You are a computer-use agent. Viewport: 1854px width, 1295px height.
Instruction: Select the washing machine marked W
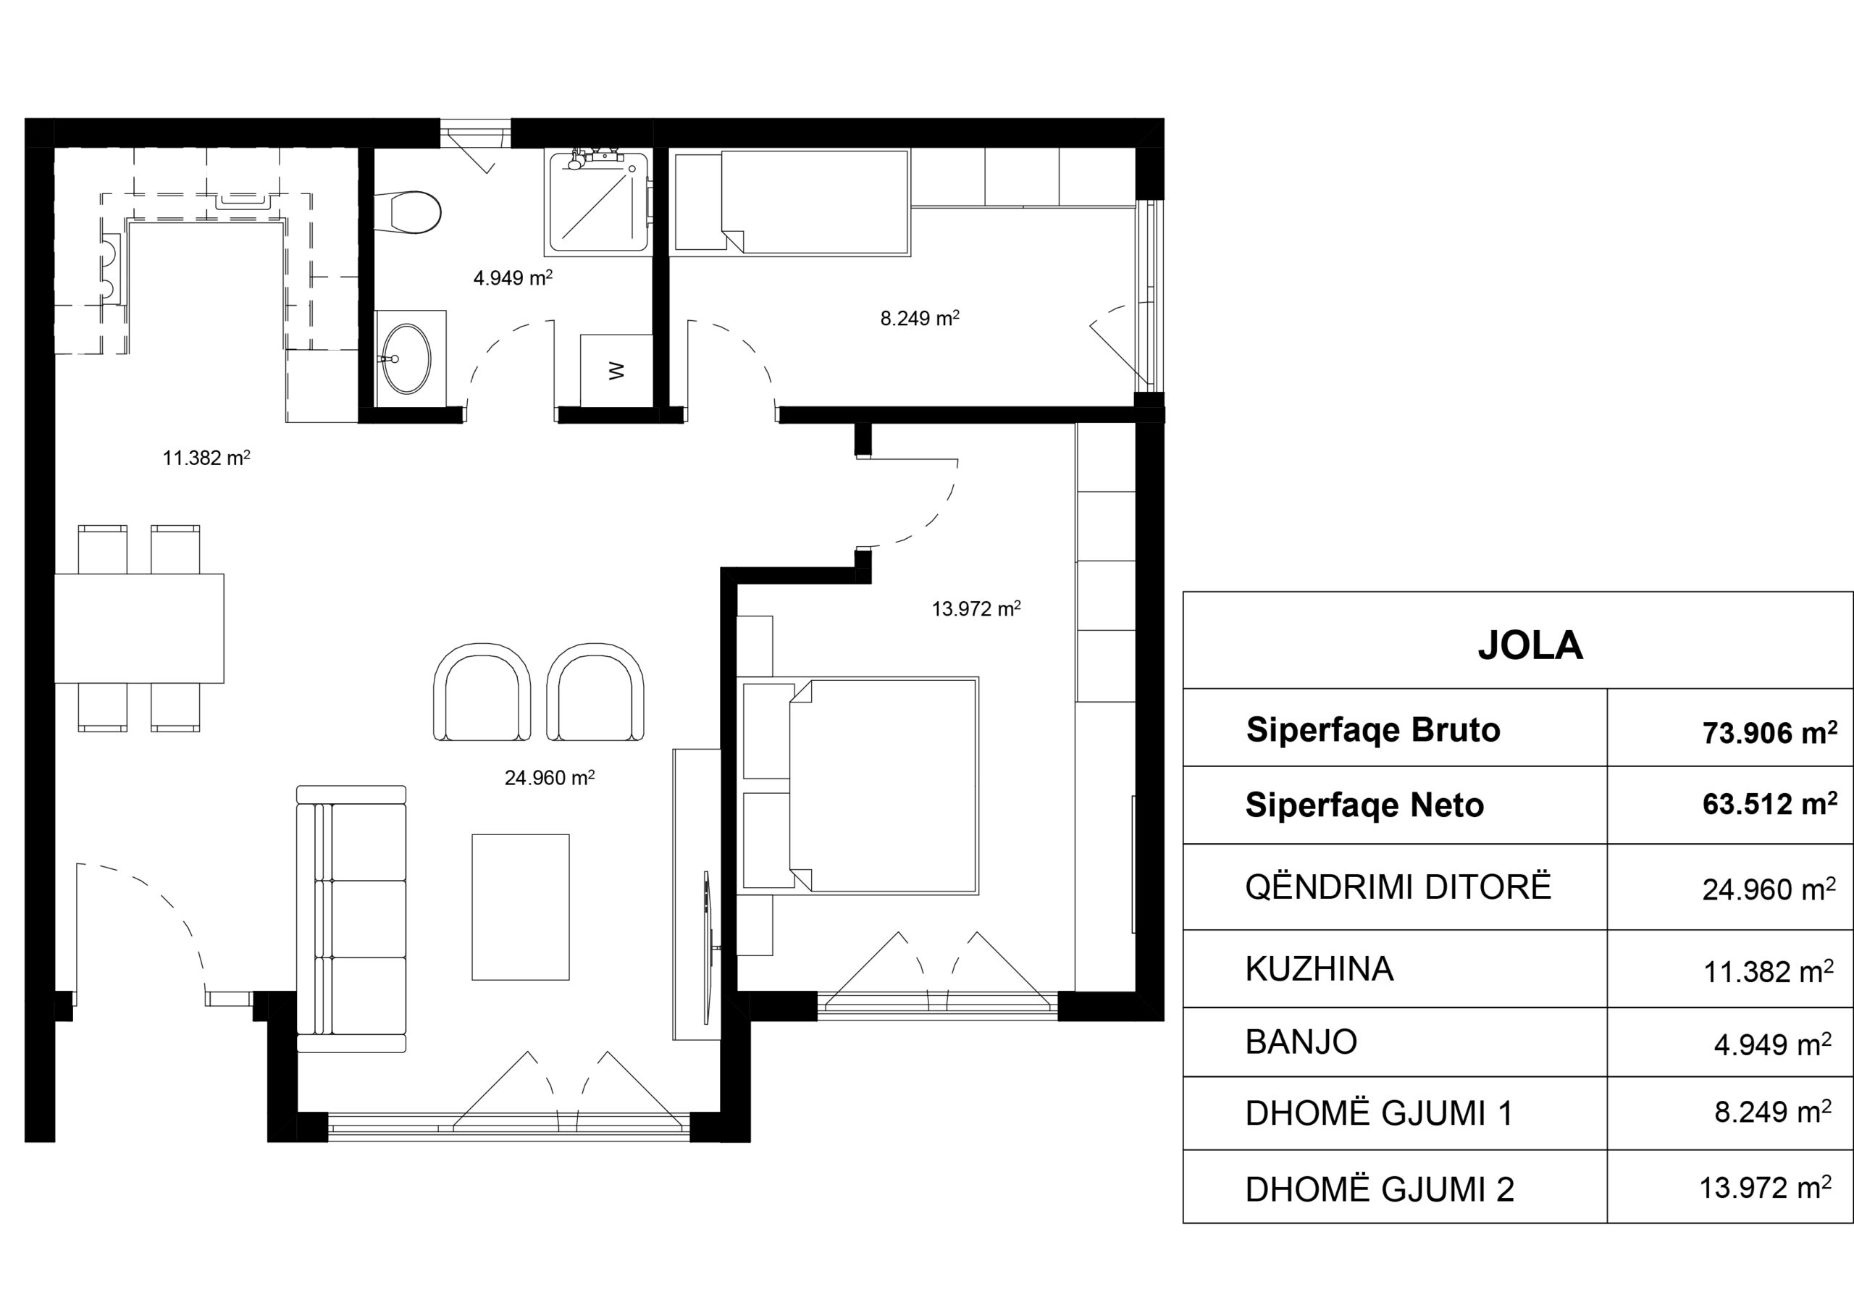pos(616,371)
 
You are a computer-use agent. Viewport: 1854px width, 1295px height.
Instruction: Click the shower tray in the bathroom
pos(599,202)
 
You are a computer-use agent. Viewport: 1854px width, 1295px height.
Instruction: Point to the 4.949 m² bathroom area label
pos(513,277)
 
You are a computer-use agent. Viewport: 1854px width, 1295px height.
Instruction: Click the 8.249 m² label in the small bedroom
pos(920,318)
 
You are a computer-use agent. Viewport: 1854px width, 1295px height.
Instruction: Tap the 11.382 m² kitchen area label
pos(206,458)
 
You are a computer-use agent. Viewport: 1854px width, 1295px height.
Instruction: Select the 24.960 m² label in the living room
pos(550,777)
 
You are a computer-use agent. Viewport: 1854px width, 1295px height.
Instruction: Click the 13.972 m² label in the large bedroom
pos(976,608)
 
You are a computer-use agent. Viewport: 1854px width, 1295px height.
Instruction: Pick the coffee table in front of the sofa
pos(521,907)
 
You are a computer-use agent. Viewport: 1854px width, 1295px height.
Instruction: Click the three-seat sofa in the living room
pos(351,919)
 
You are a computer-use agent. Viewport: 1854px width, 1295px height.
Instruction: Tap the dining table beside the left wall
pos(139,628)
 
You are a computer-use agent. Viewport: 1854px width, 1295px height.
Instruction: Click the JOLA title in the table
pos(1530,645)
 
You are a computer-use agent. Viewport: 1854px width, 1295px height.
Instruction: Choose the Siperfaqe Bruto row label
pos(1372,730)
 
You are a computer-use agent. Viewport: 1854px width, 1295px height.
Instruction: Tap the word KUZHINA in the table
pos(1320,970)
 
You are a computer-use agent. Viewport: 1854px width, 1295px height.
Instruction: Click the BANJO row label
pos(1301,1042)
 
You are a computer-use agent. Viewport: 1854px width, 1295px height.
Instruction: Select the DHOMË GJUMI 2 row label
pos(1379,1189)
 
